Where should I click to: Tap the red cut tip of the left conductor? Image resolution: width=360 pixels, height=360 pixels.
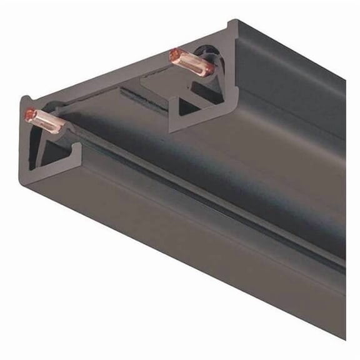(29, 114)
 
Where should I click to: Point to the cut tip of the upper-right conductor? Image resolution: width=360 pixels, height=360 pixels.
(174, 54)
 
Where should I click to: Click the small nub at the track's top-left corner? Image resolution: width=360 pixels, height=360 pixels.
(26, 99)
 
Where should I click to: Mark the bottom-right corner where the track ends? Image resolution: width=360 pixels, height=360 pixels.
(343, 338)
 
